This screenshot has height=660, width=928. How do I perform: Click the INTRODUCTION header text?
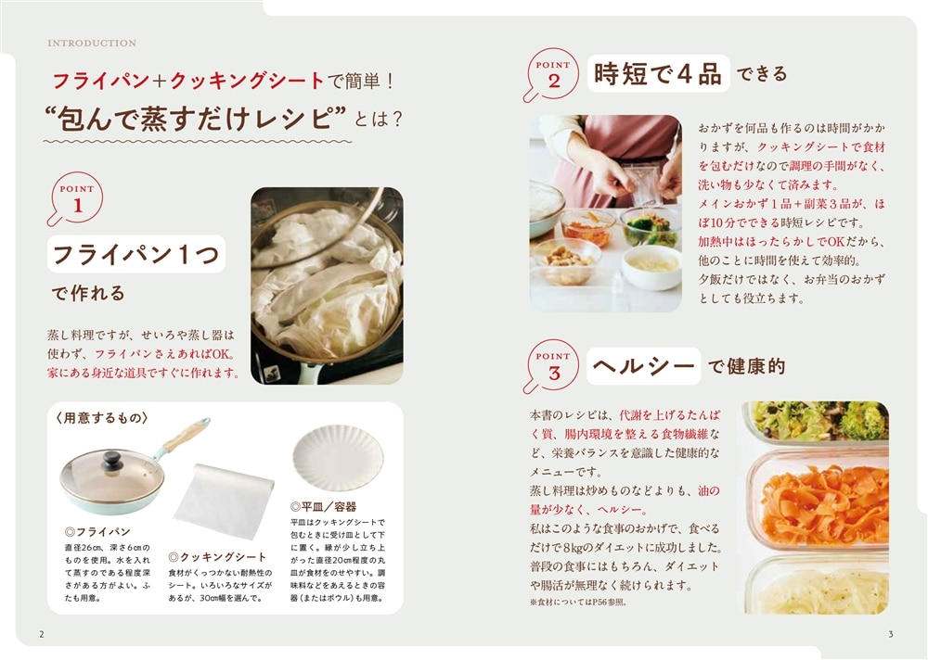[92, 44]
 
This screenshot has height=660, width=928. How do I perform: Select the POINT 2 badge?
[551, 74]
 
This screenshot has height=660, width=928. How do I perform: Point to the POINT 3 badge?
[551, 366]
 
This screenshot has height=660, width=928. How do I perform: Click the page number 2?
[42, 635]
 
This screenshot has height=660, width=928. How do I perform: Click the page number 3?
[891, 635]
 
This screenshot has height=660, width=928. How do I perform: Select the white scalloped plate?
[338, 457]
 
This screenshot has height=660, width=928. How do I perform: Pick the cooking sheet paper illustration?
[225, 500]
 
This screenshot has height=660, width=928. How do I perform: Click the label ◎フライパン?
[97, 532]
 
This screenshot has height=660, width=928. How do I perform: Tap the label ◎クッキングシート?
[217, 557]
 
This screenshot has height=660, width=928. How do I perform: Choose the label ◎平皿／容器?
[323, 507]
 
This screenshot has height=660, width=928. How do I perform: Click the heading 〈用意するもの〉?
[102, 417]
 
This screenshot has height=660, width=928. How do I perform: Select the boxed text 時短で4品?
[658, 74]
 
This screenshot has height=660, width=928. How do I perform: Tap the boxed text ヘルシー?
[643, 365]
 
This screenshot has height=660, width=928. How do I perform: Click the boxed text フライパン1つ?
[136, 254]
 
